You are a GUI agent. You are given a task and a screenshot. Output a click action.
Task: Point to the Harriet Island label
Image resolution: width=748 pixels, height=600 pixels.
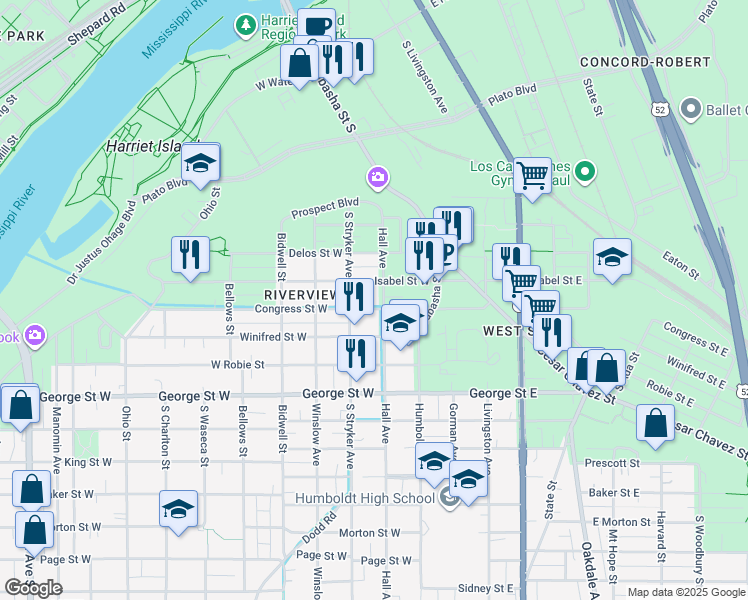coord(149,147)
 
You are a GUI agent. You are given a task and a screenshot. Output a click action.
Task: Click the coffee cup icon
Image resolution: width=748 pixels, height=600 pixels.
coord(316,27)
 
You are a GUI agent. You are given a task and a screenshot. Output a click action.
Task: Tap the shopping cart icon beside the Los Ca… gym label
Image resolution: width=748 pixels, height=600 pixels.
coord(533,176)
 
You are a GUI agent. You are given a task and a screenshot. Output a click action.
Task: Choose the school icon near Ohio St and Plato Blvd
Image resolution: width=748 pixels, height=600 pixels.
coord(201,164)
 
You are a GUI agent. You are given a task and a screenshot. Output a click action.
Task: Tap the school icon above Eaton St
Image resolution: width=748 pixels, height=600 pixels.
coord(612,257)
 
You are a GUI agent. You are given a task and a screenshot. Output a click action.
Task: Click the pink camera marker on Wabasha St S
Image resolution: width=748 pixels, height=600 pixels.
coord(377,178)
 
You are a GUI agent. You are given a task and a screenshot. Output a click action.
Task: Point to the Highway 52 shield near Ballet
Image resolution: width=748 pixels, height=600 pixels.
coord(659,108)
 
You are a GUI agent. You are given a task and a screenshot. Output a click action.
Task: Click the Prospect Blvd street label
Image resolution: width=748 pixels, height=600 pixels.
coord(324,212)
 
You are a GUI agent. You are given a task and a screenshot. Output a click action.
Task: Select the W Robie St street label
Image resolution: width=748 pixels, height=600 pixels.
coord(236,365)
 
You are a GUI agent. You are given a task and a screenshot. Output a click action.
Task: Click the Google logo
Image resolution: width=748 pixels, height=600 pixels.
coord(34,588)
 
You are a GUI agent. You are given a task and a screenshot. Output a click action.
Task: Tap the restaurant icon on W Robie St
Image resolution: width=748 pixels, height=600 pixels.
coord(355,353)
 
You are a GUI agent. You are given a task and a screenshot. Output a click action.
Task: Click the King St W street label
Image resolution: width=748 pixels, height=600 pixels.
coord(88,463)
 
